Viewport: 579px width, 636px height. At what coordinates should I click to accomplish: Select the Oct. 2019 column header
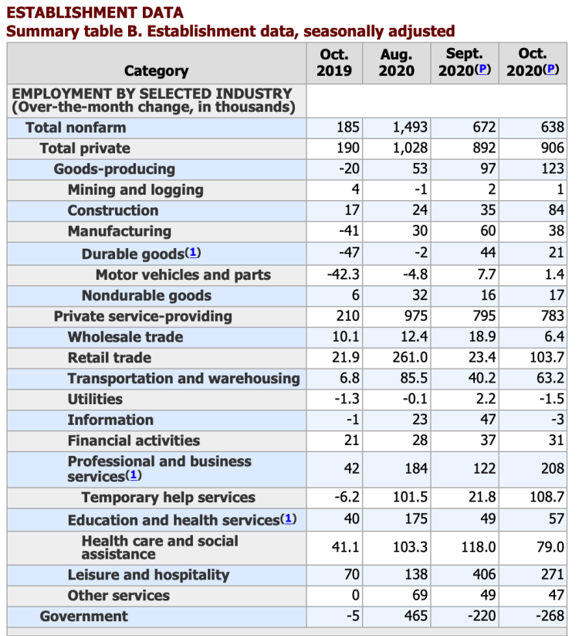(x=334, y=63)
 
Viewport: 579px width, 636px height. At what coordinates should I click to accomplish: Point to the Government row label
(x=83, y=616)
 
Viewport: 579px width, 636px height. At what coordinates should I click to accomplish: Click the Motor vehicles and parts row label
(x=183, y=275)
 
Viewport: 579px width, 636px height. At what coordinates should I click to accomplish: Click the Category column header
(x=156, y=71)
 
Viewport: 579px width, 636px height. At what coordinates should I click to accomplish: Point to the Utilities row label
(x=95, y=400)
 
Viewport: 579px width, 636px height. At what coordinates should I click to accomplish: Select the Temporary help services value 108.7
(x=545, y=498)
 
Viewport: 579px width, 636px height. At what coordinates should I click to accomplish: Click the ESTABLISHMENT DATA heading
(x=95, y=13)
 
